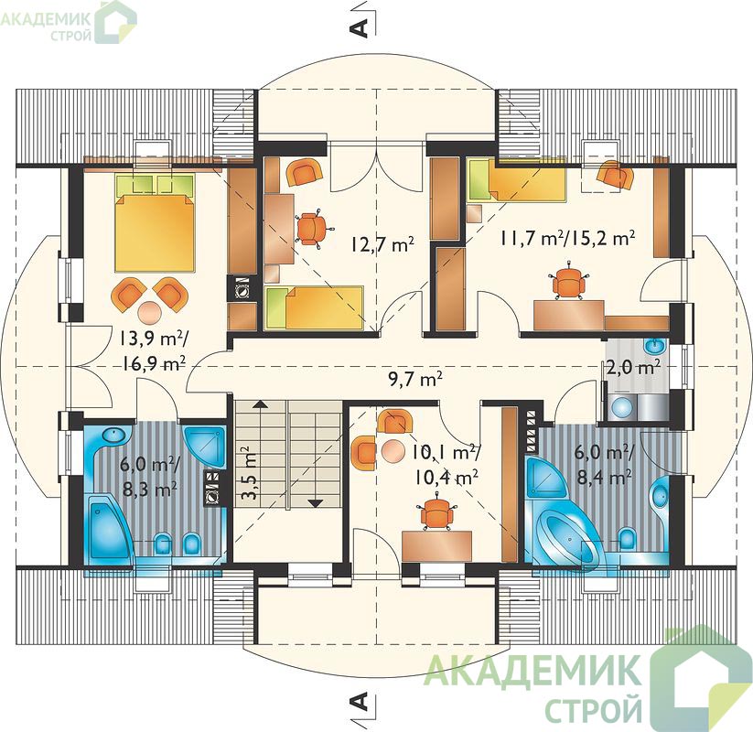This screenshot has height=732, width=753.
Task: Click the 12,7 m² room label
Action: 382,245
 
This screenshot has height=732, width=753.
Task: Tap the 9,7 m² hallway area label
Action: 415,379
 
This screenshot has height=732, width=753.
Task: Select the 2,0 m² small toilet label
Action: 632,367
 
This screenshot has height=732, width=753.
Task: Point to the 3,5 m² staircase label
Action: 248,474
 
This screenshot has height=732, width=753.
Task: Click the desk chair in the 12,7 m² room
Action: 311,228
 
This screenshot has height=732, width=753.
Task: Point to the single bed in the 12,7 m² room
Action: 313,307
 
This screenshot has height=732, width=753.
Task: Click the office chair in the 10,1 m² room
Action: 436,514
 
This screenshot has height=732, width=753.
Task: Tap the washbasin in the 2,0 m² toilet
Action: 654,345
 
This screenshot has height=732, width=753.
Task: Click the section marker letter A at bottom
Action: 360,701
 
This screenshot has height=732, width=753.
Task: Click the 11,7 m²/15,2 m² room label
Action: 568,238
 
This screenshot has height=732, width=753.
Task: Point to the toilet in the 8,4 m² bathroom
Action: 627,539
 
